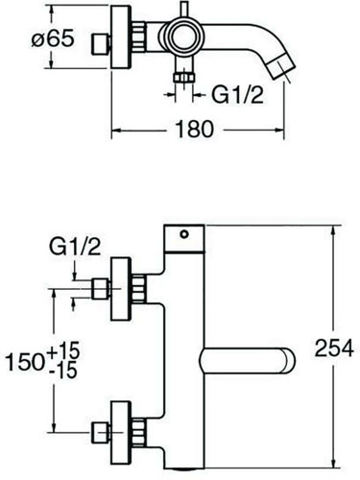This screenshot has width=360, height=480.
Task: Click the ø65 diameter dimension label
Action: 53,39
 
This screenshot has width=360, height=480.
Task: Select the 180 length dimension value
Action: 195,130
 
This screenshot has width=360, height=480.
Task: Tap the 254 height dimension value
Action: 334,348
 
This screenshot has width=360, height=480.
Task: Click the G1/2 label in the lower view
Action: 75,247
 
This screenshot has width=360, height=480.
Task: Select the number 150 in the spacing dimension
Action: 26,362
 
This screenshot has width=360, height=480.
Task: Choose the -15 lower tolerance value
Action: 63,370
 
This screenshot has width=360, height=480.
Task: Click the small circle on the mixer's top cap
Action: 184,234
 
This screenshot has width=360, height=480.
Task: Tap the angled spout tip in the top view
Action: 280,66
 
